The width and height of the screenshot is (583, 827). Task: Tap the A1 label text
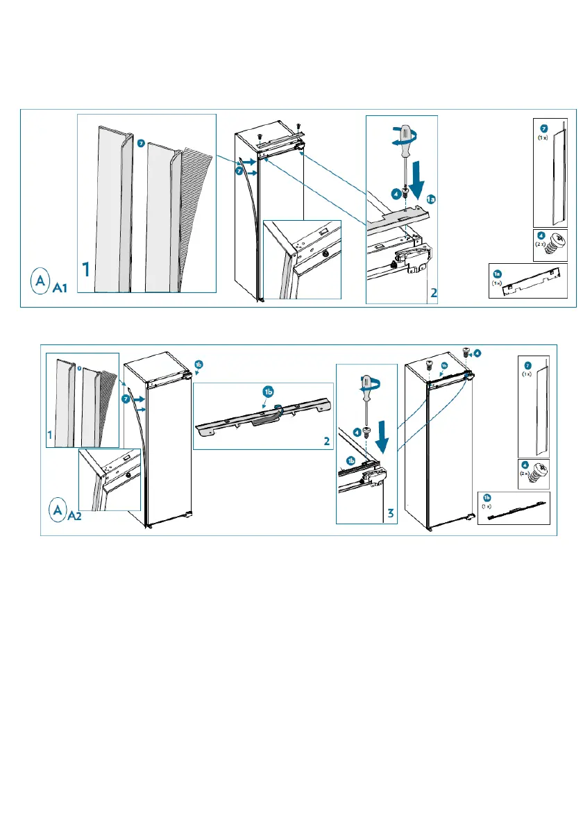(x=60, y=288)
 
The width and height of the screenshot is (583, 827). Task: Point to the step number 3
(x=391, y=514)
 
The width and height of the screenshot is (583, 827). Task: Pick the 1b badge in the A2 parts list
(x=487, y=498)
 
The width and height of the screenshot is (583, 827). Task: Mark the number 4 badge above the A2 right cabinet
(x=478, y=353)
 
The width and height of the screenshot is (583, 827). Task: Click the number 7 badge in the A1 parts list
(x=544, y=128)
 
